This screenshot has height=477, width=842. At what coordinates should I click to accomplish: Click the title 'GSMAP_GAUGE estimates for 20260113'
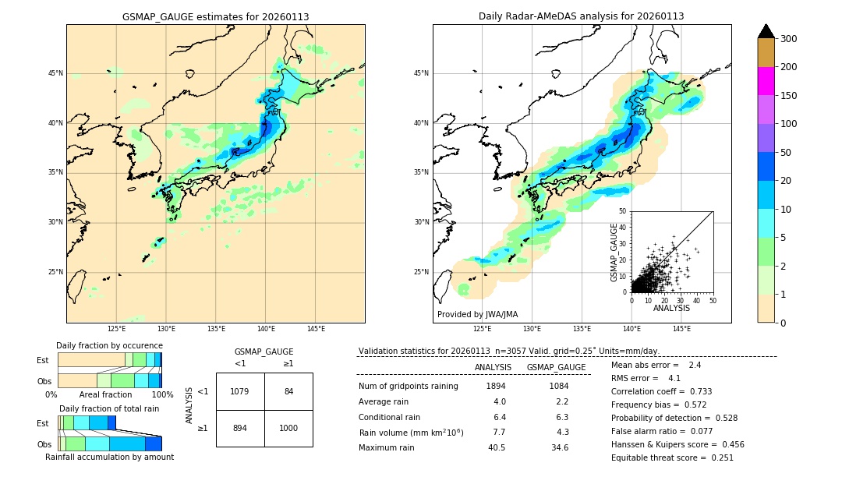[215, 16]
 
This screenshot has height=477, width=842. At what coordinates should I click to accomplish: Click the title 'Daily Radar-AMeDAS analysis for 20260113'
[582, 16]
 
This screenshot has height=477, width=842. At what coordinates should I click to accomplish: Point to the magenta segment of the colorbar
[766, 81]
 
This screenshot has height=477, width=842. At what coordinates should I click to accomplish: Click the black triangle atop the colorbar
[766, 31]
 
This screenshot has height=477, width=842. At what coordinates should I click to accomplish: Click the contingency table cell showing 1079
[240, 391]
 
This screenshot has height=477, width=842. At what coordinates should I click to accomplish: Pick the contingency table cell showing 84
[288, 391]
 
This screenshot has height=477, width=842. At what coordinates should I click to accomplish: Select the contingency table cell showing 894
[240, 429]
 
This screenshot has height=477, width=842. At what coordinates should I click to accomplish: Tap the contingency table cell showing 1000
[288, 429]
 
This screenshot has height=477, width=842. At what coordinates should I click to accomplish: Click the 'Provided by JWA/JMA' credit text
[477, 315]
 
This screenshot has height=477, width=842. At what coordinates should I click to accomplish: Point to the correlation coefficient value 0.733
[696, 392]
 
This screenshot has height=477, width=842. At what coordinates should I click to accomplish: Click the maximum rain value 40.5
[496, 447]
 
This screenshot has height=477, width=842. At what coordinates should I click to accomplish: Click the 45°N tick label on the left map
[55, 73]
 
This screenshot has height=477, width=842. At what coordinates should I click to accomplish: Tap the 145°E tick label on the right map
[681, 329]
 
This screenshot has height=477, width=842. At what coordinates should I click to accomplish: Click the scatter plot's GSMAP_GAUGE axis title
[614, 252]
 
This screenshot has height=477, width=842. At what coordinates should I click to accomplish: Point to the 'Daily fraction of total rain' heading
[109, 408]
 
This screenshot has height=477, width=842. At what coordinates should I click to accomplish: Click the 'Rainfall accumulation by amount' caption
[109, 458]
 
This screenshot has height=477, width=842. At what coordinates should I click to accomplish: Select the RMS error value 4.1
[674, 379]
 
